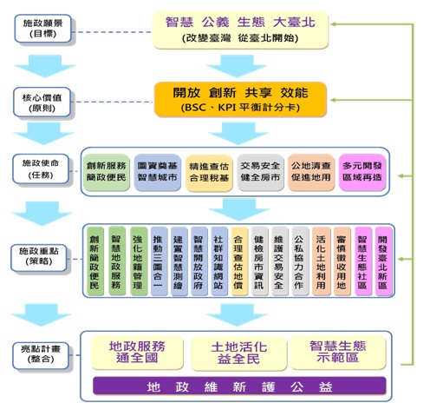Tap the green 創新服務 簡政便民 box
pos(107,170)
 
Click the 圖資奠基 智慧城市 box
pos(157,170)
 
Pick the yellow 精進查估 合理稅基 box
pos(208,170)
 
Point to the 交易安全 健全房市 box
pos(259,170)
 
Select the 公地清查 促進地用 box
pos(310,170)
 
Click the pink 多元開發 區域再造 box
pos(362,170)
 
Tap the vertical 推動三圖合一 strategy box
pos(158,261)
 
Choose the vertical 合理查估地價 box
pos(238,261)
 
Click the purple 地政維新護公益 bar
pos(238,386)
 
